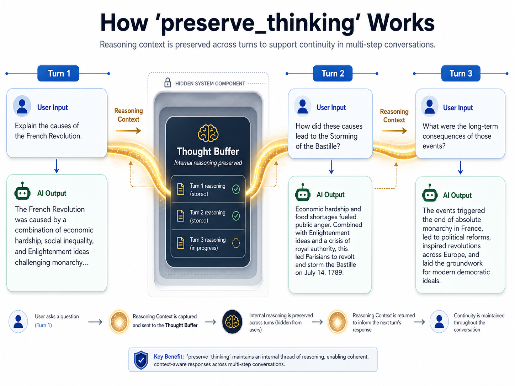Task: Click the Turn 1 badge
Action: (59, 74)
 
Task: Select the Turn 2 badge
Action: (333, 74)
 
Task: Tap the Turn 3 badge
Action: (461, 74)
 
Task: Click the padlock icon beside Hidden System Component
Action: (168, 83)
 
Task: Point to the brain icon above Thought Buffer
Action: (208, 134)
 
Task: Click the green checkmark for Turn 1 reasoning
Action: (236, 189)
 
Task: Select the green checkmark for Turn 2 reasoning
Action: (236, 216)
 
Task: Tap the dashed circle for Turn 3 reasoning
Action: (236, 243)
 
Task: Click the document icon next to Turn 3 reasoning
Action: (181, 243)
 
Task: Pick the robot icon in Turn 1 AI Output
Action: (22, 192)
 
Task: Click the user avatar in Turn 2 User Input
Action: (303, 106)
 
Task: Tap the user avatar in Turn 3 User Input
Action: (430, 106)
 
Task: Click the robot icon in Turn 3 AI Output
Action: (430, 194)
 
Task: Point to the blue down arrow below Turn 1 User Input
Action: (57, 166)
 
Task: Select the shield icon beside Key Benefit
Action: (141, 360)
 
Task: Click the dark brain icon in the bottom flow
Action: (232, 322)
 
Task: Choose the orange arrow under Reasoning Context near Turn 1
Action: (128, 131)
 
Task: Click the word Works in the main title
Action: (401, 23)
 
